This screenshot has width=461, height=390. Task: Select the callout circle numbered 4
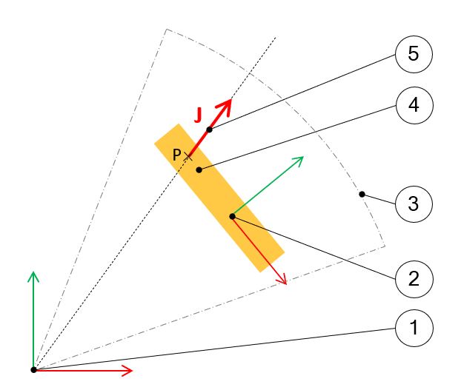pyautogui.click(x=414, y=106)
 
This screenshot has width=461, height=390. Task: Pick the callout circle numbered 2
pyautogui.click(x=414, y=279)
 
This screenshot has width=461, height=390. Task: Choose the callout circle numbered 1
pyautogui.click(x=414, y=327)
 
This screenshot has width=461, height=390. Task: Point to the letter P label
pyautogui.click(x=176, y=155)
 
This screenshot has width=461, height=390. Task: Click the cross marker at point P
pyautogui.click(x=188, y=155)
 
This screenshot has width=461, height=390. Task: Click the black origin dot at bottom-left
pyautogui.click(x=33, y=369)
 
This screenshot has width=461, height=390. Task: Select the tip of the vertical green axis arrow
pyautogui.click(x=33, y=273)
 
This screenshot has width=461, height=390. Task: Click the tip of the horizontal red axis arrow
pyautogui.click(x=132, y=369)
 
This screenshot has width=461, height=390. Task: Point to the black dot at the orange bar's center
pyautogui.click(x=232, y=216)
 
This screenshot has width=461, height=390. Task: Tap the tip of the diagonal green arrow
pyautogui.click(x=303, y=158)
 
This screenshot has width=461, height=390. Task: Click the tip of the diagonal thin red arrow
pyautogui.click(x=285, y=283)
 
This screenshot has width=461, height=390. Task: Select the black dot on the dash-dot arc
pyautogui.click(x=362, y=195)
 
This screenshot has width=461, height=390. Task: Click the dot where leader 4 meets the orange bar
pyautogui.click(x=199, y=170)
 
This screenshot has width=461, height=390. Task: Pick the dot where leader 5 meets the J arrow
pyautogui.click(x=210, y=130)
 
